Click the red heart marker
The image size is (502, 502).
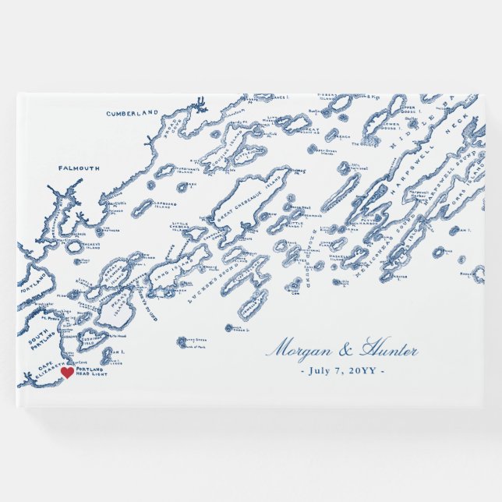pyautogui.click(x=67, y=373)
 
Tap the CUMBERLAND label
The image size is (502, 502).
pyautogui.click(x=132, y=113)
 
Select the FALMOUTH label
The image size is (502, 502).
pyautogui.click(x=79, y=168)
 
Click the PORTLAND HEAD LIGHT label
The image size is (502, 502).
pyautogui.click(x=89, y=373)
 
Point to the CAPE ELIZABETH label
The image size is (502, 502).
pyautogui.click(x=44, y=372)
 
